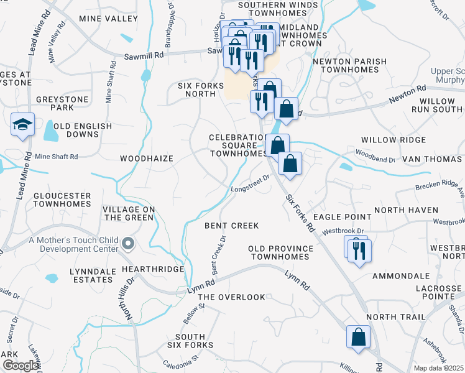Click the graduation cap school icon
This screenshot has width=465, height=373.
coord(22,123)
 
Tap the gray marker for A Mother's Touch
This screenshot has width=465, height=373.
coord(128,244)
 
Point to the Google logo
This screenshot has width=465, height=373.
coord(20,366)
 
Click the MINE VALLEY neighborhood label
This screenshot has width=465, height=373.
coord(108,19)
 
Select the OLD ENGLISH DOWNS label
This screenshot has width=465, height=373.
coord(83,131)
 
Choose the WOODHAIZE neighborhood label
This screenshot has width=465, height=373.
coord(146,159)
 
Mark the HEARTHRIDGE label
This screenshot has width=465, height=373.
coord(153,269)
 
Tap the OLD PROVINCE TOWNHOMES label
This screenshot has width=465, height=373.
coord(280,252)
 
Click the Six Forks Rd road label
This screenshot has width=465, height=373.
coord(300,213)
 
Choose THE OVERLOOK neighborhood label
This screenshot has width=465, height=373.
coord(231,297)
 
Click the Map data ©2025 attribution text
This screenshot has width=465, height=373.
coord(439,368)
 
